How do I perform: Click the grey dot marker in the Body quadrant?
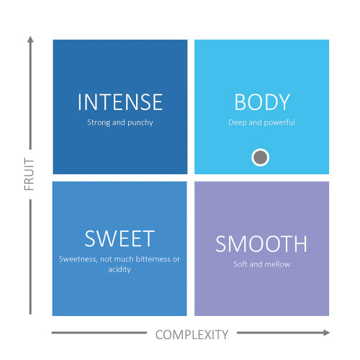click(x=260, y=158)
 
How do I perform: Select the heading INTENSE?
click(x=120, y=102)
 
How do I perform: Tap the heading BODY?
click(x=262, y=102)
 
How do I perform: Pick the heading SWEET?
click(x=120, y=238)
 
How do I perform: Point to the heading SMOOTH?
click(x=261, y=243)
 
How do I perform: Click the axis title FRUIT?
click(x=30, y=174)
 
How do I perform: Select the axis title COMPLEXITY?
click(x=192, y=335)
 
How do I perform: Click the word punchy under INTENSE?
click(x=140, y=123)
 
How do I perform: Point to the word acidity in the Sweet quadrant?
click(x=120, y=269)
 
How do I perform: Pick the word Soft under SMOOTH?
click(x=240, y=264)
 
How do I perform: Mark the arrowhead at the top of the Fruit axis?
click(x=30, y=40)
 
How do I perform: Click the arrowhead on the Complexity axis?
click(x=326, y=333)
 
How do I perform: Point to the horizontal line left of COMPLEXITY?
click(x=99, y=333)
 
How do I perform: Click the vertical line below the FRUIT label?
click(x=30, y=257)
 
